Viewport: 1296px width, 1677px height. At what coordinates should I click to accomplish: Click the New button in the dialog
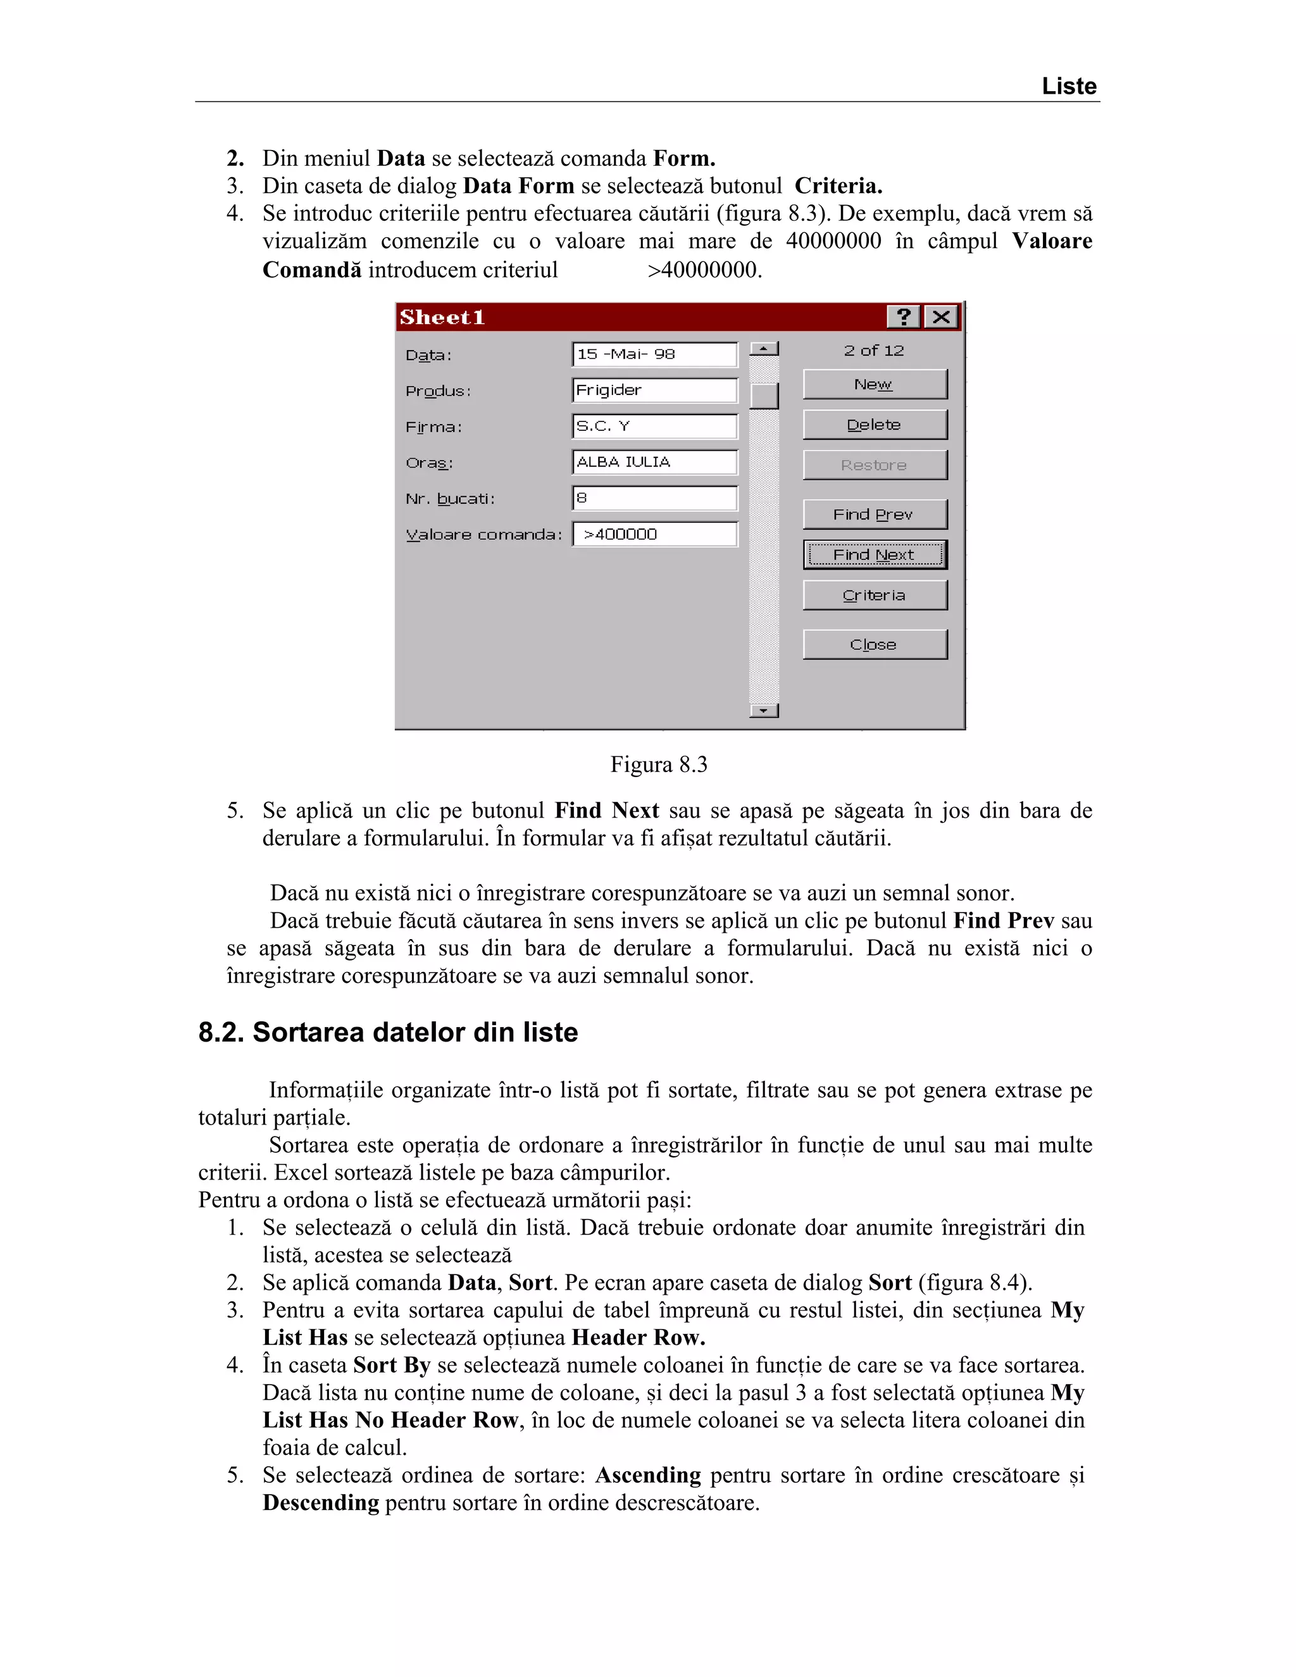click(875, 384)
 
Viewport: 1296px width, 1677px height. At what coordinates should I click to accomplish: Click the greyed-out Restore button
click(875, 464)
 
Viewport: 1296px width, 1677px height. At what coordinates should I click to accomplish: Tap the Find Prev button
click(875, 514)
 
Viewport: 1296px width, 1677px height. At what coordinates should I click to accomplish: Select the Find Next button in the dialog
click(875, 554)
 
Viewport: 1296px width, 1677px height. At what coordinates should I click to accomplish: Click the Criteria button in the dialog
click(875, 595)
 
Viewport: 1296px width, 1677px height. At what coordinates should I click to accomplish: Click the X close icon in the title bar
click(941, 316)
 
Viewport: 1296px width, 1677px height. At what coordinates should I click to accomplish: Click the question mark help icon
click(904, 316)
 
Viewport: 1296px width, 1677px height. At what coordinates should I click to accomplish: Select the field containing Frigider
click(654, 390)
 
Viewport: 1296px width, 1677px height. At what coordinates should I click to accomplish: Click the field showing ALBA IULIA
click(654, 462)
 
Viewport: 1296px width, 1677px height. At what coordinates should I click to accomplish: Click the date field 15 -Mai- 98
click(654, 354)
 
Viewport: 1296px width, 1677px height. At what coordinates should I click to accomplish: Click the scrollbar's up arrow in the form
click(763, 349)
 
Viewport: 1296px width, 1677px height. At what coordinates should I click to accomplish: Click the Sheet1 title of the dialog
click(442, 317)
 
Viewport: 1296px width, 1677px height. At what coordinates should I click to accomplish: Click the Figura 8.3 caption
click(658, 765)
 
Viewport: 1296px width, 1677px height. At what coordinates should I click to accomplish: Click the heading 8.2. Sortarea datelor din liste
click(388, 1032)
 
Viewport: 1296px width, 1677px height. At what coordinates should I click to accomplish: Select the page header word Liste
click(1068, 86)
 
